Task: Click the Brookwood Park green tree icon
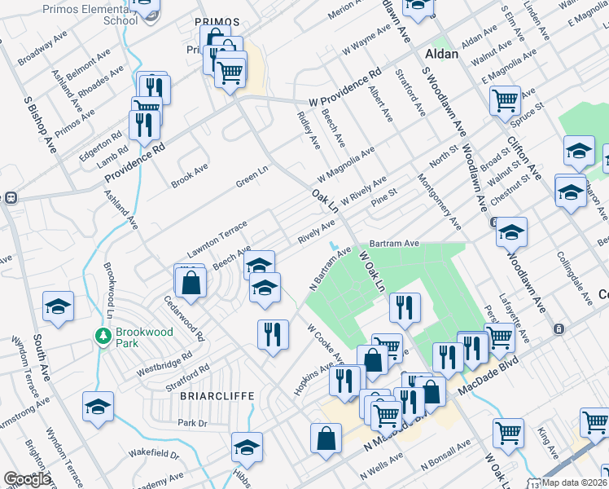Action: [x=103, y=335]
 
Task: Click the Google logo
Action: [x=27, y=479]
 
